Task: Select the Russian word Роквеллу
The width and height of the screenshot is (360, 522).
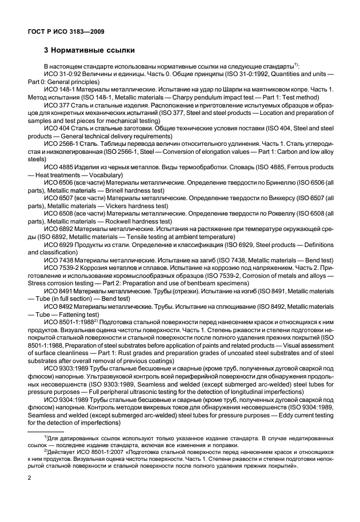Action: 262,228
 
